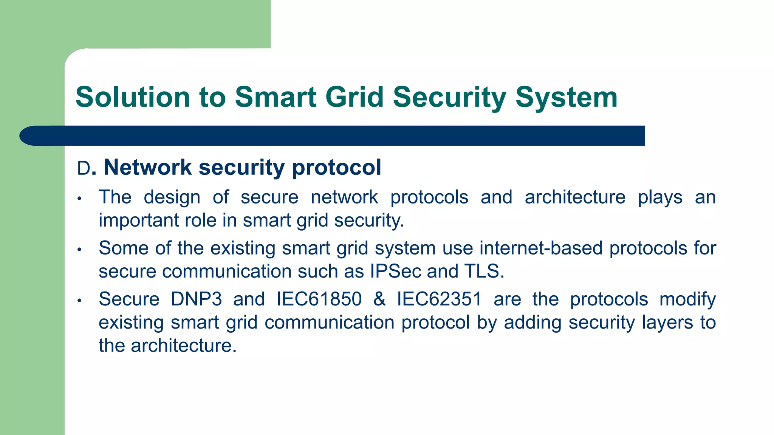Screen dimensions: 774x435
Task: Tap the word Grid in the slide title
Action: click(x=354, y=97)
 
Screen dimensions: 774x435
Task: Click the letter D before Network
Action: click(x=84, y=168)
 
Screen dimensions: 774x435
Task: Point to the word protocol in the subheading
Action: click(x=336, y=167)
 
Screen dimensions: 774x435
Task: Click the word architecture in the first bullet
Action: click(x=575, y=197)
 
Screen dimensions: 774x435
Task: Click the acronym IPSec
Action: click(x=395, y=271)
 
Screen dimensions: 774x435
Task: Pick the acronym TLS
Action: click(x=481, y=271)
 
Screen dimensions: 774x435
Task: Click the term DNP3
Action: click(x=196, y=299)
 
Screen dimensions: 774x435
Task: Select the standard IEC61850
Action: click(x=319, y=299)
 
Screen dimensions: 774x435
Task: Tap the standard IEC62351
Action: click(x=439, y=299)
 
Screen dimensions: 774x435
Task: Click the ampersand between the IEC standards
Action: click(x=379, y=299)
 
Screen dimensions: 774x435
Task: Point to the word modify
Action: click(x=687, y=299)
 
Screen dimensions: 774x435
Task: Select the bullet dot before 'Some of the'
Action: click(x=79, y=250)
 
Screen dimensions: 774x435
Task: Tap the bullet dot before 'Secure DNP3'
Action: click(x=79, y=301)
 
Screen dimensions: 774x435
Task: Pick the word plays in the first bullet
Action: click(x=660, y=197)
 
